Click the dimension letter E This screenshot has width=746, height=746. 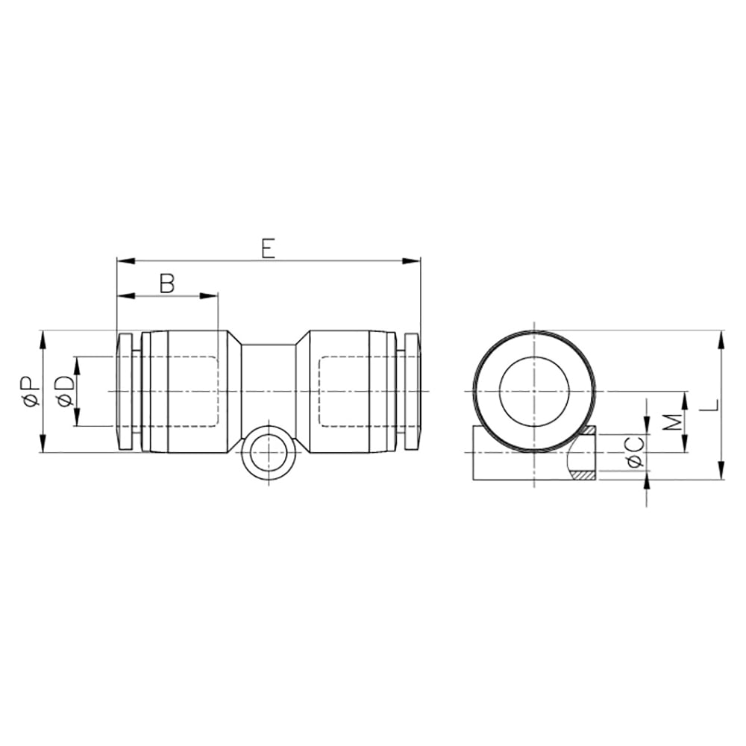[x=269, y=249]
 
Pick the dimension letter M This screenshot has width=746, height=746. [x=672, y=421]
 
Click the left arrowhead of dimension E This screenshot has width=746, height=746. [x=126, y=260]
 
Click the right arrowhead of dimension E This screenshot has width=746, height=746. [x=412, y=260]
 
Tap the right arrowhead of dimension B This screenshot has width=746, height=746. [x=208, y=296]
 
